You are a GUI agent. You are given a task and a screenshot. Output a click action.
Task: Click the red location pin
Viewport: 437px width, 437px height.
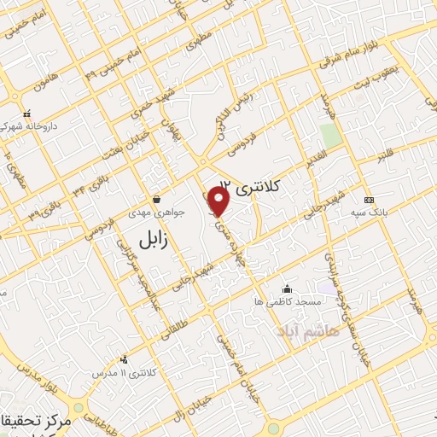click(219, 201)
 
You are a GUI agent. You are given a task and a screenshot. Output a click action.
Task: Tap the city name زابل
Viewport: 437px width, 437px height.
click(154, 242)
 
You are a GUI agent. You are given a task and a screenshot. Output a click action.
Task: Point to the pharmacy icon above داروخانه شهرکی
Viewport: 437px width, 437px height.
click(26, 114)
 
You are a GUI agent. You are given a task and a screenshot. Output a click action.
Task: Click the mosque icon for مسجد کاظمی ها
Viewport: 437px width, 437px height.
click(286, 288)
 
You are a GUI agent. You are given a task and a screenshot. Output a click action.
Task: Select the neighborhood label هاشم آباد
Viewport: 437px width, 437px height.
click(307, 330)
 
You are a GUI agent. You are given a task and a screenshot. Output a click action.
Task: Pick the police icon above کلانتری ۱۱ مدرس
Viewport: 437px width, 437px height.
click(125, 359)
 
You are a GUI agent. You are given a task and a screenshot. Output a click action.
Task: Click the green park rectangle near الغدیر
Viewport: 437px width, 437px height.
click(329, 135)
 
